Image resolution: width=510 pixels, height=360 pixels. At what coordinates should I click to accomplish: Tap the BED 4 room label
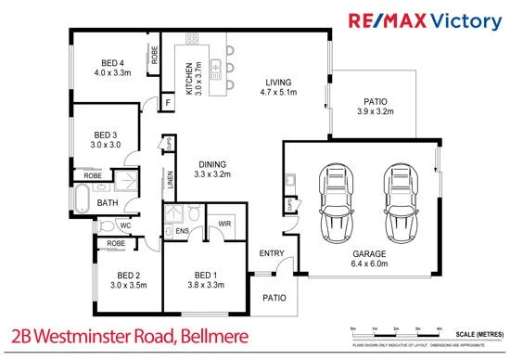pyautogui.click(x=108, y=66)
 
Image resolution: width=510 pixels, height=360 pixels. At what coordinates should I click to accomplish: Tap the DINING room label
pyautogui.click(x=211, y=168)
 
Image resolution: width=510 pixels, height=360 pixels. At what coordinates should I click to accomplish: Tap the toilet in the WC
pyautogui.click(x=107, y=225)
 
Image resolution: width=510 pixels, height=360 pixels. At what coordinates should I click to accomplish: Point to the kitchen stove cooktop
pyautogui.click(x=193, y=40)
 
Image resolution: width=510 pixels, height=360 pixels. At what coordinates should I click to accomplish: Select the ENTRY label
pyautogui.click(x=272, y=252)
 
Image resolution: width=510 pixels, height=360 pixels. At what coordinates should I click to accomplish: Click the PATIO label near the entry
pyautogui.click(x=273, y=298)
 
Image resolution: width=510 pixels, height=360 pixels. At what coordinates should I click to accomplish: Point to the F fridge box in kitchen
pyautogui.click(x=169, y=102)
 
